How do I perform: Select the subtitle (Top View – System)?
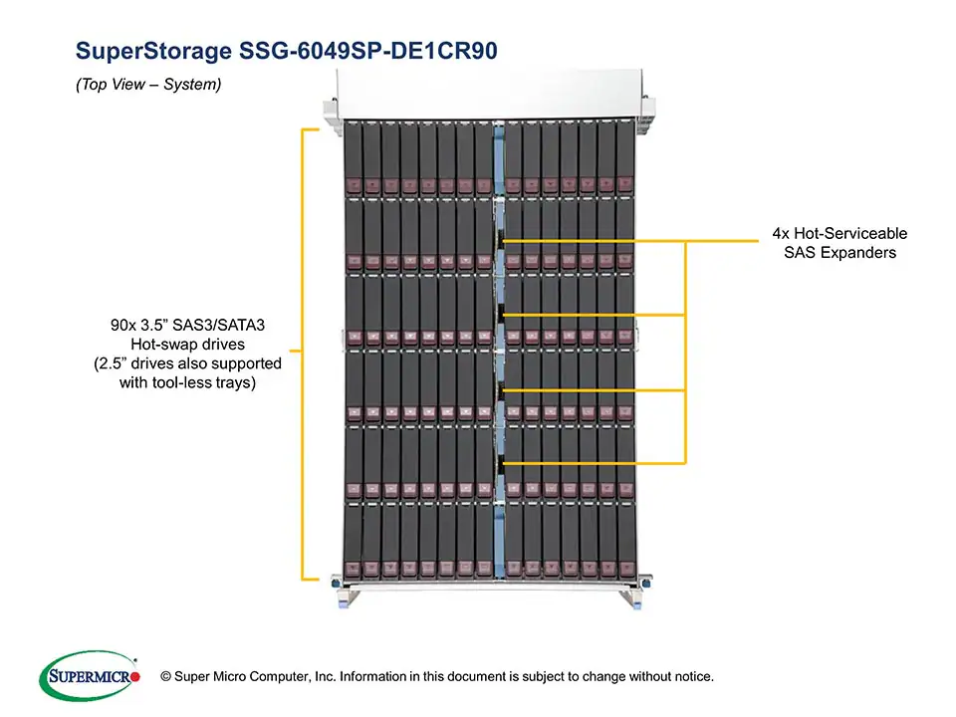pyautogui.click(x=148, y=86)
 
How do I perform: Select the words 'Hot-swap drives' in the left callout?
pyautogui.click(x=188, y=344)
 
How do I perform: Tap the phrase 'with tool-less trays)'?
pyautogui.click(x=188, y=382)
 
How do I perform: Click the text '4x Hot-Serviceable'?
pyautogui.click(x=839, y=233)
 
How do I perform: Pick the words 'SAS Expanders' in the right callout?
pyautogui.click(x=839, y=253)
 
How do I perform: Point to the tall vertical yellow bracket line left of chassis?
pyautogui.click(x=302, y=354)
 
